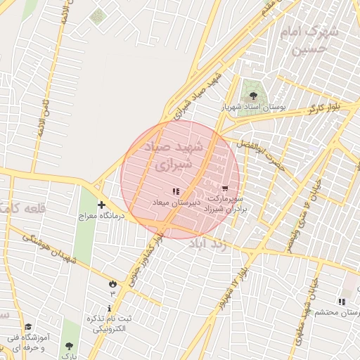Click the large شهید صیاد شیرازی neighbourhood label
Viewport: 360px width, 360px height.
click(172, 157)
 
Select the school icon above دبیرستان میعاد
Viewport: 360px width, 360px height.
click(176, 191)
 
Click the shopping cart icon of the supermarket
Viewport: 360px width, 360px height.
click(224, 188)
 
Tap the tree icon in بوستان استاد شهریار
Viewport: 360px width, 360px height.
click(252, 96)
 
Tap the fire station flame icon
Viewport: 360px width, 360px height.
click(112, 283)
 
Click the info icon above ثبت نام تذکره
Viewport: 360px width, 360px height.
click(109, 309)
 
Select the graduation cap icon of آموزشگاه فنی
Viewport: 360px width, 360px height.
click(28, 327)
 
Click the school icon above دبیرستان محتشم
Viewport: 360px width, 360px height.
click(342, 301)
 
